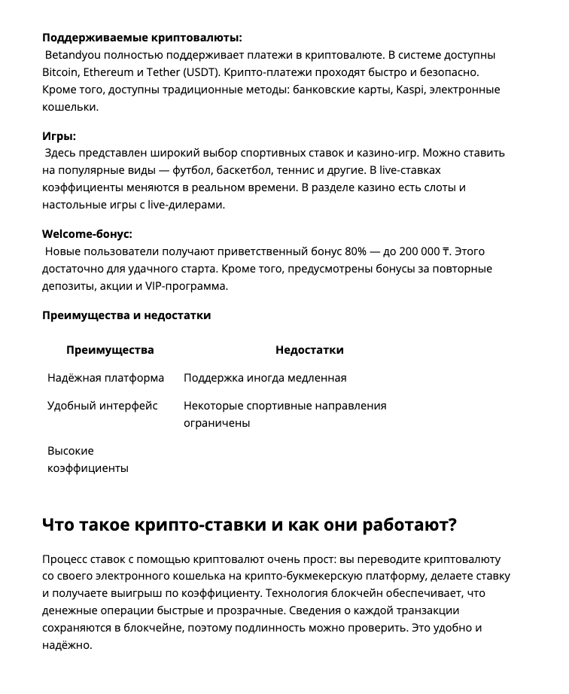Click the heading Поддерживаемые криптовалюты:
pyautogui.click(x=142, y=38)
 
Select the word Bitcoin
pyautogui.click(x=61, y=72)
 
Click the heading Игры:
pyautogui.click(x=59, y=135)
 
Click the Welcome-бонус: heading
pyautogui.click(x=87, y=233)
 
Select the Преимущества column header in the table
pyautogui.click(x=110, y=350)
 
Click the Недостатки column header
pyautogui.click(x=309, y=350)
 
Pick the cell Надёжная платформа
pyautogui.click(x=105, y=378)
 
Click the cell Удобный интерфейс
pyautogui.click(x=102, y=406)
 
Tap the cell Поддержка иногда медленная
pyautogui.click(x=265, y=378)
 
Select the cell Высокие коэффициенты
pyautogui.click(x=87, y=459)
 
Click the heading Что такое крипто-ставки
pyautogui.click(x=249, y=525)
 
